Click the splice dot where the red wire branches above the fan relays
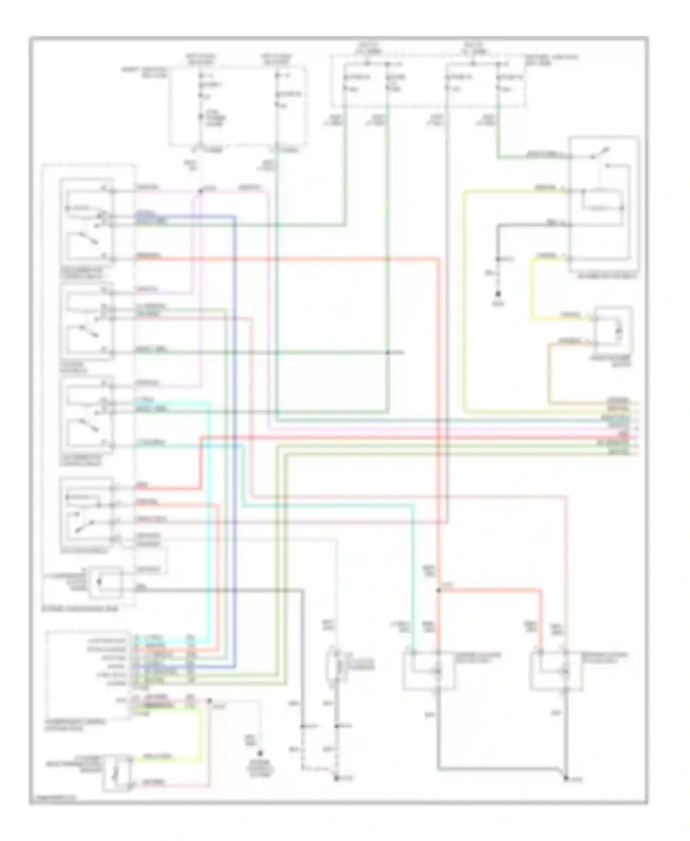[438, 590]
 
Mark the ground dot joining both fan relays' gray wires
[566, 778]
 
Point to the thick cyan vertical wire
[210, 506]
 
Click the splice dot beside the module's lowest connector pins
[209, 701]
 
